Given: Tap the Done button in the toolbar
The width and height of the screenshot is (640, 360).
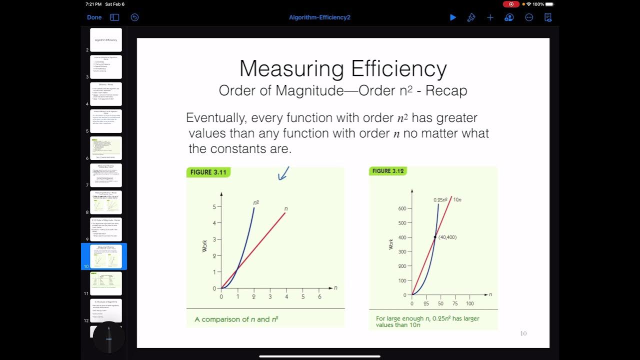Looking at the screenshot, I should point(94,17).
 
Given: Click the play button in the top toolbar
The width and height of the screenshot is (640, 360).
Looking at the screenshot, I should point(452,17).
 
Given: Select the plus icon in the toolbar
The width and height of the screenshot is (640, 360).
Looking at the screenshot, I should point(490,17).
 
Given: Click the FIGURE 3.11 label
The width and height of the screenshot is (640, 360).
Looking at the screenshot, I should point(208,172).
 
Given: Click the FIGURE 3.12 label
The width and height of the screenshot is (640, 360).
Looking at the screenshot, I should point(388,171).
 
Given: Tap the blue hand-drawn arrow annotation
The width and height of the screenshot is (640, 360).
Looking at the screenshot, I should point(283,173).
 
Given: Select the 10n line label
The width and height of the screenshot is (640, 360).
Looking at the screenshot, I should point(457,199).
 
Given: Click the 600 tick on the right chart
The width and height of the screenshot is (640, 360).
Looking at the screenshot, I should point(402,208).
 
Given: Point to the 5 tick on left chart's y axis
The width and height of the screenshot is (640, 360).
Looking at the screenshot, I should point(214,206).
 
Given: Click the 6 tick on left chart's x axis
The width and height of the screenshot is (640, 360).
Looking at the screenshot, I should point(319,296).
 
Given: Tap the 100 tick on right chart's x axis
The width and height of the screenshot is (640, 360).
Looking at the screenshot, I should point(469,303).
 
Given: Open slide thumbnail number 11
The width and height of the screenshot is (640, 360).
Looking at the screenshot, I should point(106,283).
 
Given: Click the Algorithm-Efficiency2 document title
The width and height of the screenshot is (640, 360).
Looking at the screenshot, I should point(319,17).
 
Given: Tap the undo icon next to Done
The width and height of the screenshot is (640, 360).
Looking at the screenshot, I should point(134,17).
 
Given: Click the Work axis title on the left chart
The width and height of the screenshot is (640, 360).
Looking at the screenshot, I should point(204,246).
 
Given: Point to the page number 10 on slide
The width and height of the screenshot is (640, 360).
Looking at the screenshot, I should point(523,333).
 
